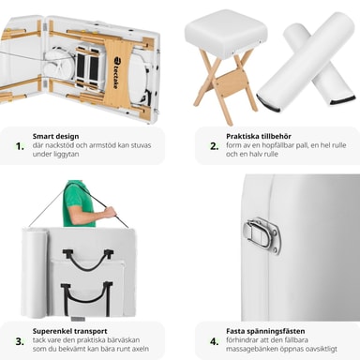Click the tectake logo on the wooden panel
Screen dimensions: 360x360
pos(115,72)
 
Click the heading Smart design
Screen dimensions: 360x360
pos(55,136)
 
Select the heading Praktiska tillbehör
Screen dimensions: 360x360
pos(259,136)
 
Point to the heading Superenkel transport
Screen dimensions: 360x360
pos(69,331)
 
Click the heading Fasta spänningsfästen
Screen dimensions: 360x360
pos(265,331)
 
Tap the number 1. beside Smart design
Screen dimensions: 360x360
pos(20,146)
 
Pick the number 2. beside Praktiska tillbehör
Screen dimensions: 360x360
pos(214,146)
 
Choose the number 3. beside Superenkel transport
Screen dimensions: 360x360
pos(20,341)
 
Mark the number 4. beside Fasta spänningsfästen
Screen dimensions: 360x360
pos(214,341)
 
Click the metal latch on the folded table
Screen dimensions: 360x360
pos(262,235)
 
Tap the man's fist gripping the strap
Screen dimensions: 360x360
pos(110,213)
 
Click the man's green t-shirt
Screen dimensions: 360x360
pos(78,203)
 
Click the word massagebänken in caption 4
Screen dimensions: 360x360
pos(249,349)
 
